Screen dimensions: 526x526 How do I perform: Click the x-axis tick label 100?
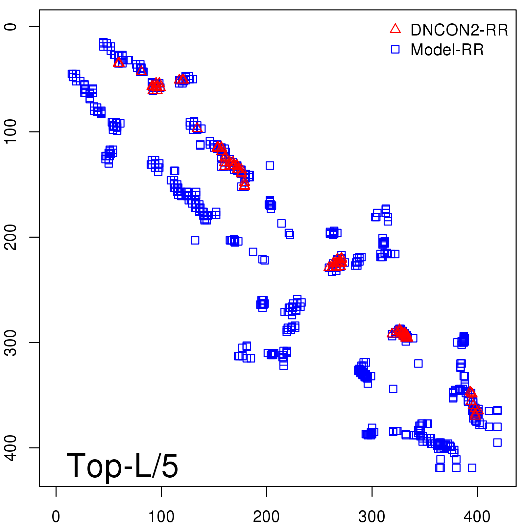(161, 517)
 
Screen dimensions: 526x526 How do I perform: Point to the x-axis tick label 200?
(266, 517)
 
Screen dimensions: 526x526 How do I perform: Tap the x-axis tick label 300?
(372, 517)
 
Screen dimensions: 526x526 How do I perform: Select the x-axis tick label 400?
(477, 517)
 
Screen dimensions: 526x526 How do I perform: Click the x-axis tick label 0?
(56, 517)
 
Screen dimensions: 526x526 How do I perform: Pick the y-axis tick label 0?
(11, 26)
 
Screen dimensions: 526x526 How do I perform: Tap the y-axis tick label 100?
(11, 131)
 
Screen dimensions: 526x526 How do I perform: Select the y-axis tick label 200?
(11, 237)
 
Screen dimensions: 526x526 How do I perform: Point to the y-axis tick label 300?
(11, 342)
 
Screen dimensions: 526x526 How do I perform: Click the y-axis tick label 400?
(11, 447)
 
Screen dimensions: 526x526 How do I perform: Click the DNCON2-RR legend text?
(459, 30)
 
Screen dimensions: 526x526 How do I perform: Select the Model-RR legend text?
(447, 50)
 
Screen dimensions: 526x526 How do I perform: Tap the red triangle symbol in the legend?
(395, 29)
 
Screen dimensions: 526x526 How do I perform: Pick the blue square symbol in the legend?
(395, 49)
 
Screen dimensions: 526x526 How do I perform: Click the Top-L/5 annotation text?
(122, 466)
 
